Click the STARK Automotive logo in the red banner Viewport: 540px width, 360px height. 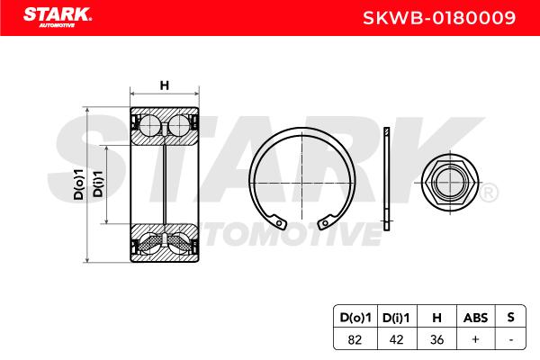(x=58, y=17)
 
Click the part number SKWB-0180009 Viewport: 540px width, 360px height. (x=439, y=18)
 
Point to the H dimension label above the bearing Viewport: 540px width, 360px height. (x=165, y=85)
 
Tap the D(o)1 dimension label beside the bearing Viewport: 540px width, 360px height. (x=79, y=184)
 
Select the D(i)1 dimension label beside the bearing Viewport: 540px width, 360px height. (x=98, y=184)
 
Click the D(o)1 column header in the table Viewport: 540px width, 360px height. (x=355, y=318)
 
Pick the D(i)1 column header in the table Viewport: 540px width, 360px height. (x=396, y=318)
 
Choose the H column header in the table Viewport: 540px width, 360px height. (x=436, y=318)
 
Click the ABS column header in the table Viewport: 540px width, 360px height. (x=475, y=318)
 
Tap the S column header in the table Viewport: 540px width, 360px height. (x=510, y=317)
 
